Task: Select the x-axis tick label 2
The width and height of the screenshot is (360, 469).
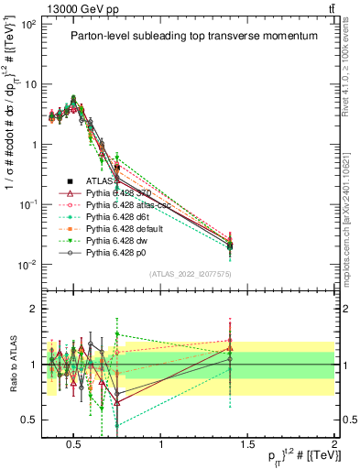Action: point(334,446)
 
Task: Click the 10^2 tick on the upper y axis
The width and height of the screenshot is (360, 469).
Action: point(28,24)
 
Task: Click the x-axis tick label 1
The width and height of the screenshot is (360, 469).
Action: point(161,446)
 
